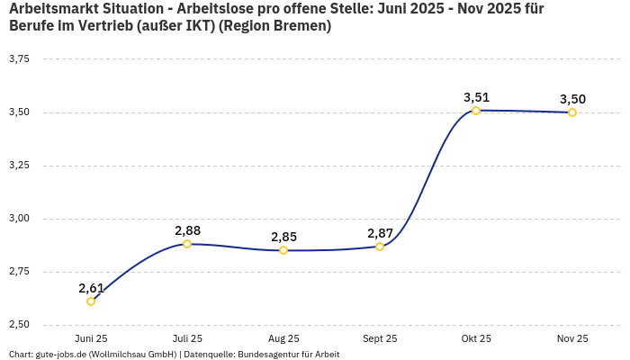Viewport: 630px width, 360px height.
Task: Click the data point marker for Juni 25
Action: (x=91, y=301)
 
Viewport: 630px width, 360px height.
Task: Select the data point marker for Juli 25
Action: (x=187, y=244)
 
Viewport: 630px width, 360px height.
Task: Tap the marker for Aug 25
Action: (x=283, y=250)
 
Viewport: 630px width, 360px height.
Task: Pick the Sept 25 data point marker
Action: (x=380, y=247)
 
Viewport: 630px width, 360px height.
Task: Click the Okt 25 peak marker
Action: (x=476, y=111)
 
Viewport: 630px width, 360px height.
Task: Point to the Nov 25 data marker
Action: (x=572, y=112)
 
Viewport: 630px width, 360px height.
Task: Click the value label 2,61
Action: (x=91, y=288)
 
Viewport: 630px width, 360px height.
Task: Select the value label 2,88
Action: (x=187, y=230)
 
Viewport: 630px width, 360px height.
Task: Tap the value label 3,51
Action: (x=476, y=97)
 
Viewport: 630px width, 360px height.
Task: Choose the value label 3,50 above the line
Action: (x=572, y=99)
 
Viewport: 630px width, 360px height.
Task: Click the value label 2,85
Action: (x=283, y=237)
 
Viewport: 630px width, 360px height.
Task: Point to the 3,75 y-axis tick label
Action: (x=19, y=59)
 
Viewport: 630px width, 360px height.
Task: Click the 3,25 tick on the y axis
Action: (x=19, y=166)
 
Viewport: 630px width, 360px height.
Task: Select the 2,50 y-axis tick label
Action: (x=19, y=324)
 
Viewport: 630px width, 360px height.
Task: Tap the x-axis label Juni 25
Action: (x=91, y=338)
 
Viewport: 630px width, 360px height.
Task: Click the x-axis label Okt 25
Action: (x=476, y=338)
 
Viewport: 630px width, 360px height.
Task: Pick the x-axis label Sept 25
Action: (x=380, y=338)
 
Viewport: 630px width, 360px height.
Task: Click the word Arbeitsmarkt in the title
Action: (x=52, y=9)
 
